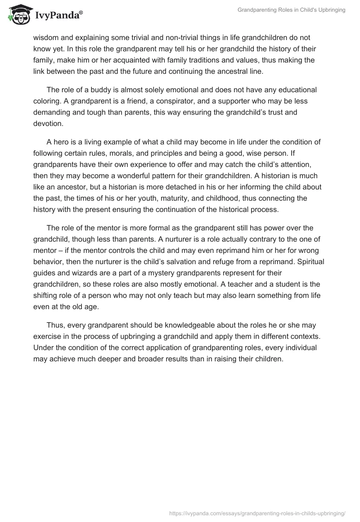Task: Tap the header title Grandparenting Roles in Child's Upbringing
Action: (x=292, y=10)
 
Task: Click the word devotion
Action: (x=49, y=123)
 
